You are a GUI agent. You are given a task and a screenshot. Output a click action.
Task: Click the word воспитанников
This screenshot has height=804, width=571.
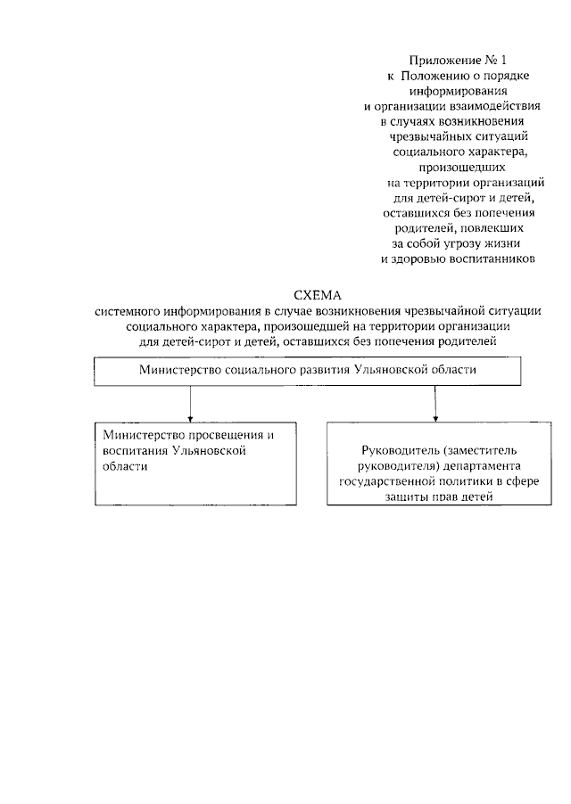coord(490,259)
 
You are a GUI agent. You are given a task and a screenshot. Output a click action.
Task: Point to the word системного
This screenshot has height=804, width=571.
coord(130,310)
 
